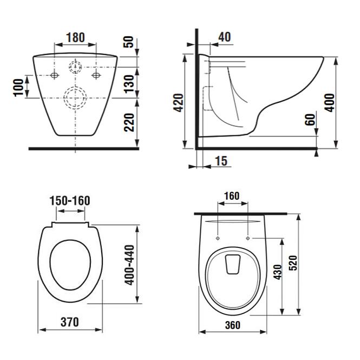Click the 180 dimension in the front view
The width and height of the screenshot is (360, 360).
point(76,38)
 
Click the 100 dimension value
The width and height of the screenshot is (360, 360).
point(18,87)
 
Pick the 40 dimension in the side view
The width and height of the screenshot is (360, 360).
point(224,37)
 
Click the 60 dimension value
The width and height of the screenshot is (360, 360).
point(310,120)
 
